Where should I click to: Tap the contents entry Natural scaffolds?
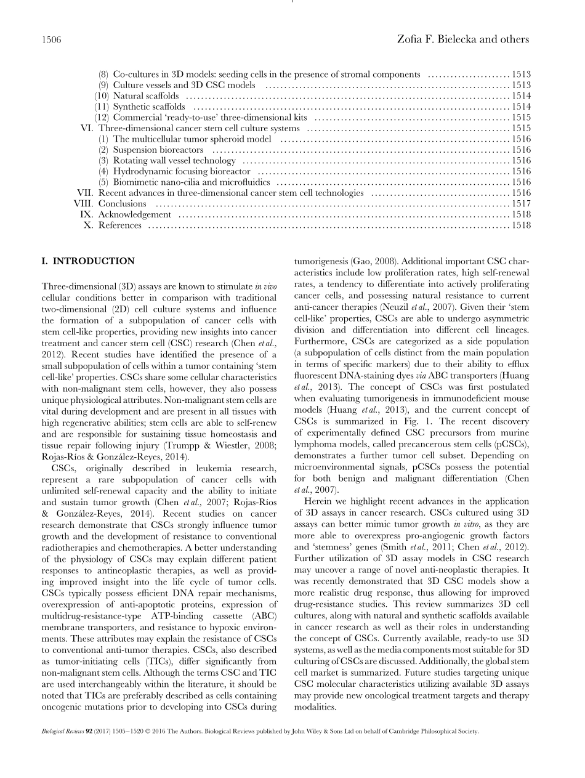[x=146, y=96]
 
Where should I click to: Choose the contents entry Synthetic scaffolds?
[x=149, y=107]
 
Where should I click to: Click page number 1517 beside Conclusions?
[x=521, y=204]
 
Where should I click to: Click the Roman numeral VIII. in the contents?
[x=83, y=204]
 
